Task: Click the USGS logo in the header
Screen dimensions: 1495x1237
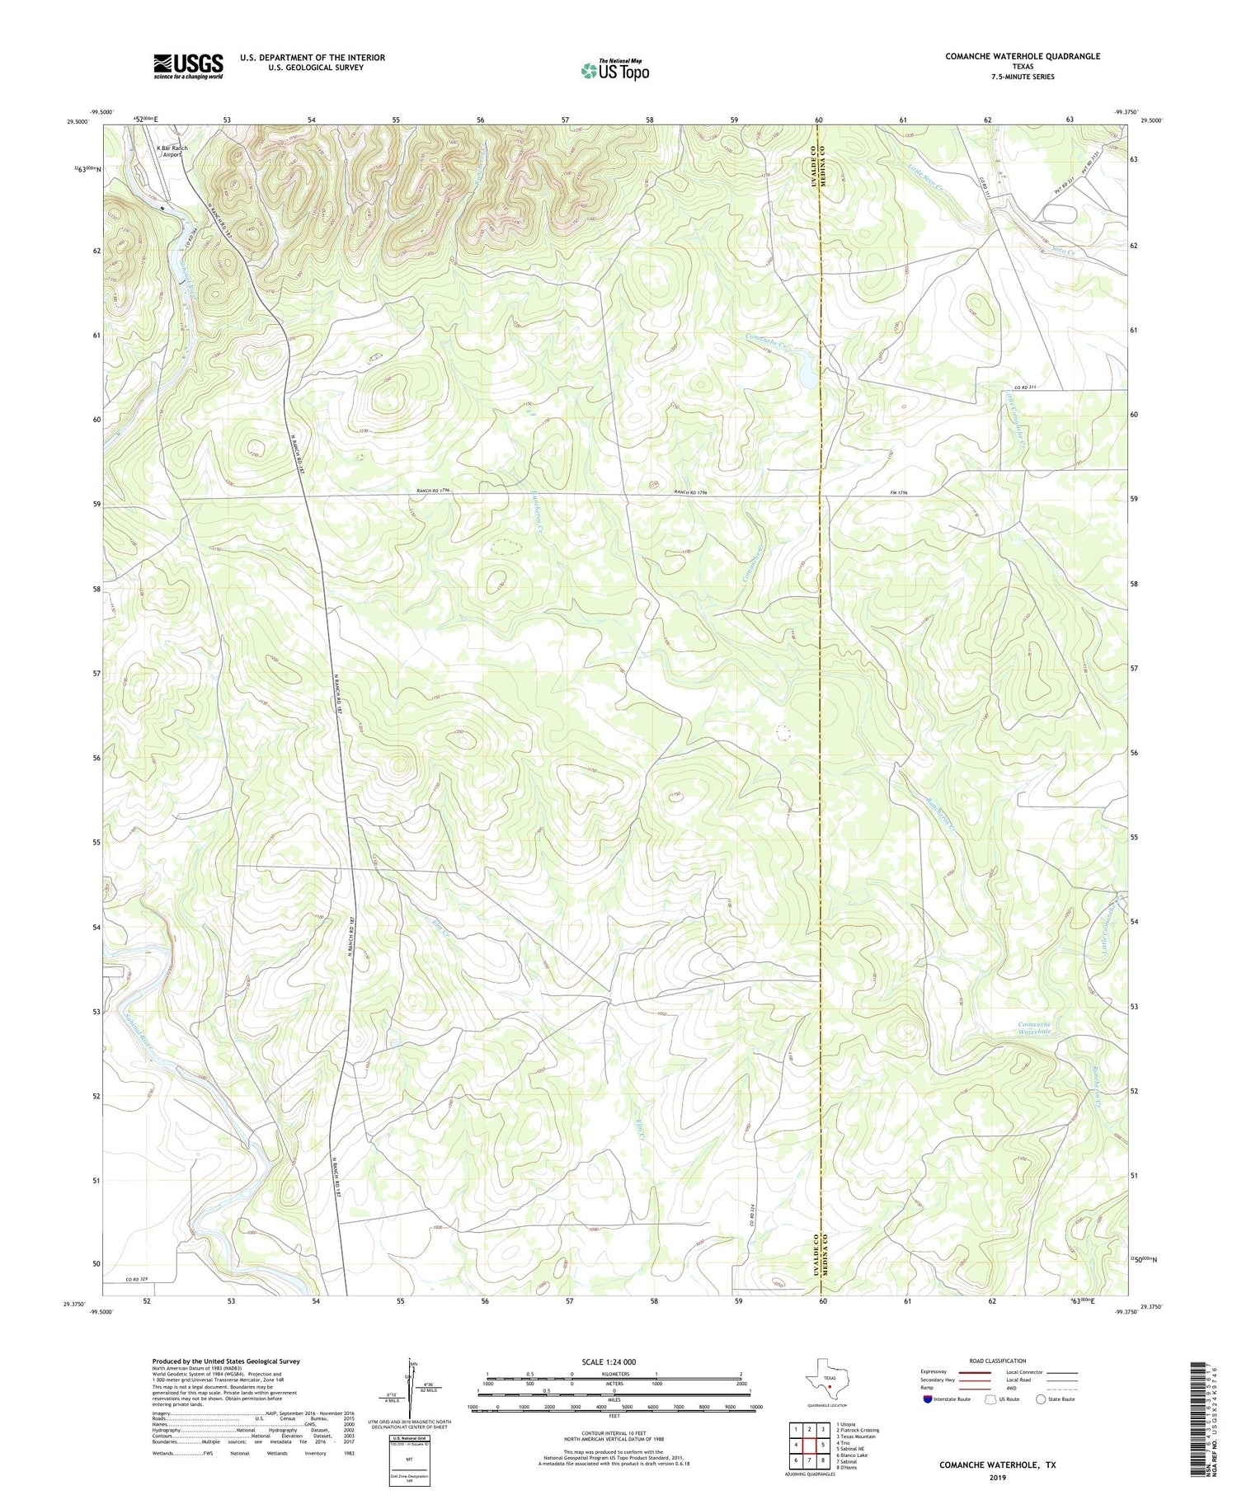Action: click(x=188, y=66)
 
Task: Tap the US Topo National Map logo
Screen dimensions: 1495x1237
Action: click(x=614, y=70)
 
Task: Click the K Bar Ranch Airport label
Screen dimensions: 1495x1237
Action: click(x=172, y=151)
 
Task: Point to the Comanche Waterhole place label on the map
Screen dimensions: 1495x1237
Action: click(x=1034, y=1027)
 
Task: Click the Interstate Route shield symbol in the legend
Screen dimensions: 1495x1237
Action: click(x=929, y=1399)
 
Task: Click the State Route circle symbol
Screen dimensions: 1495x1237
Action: click(x=1041, y=1399)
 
